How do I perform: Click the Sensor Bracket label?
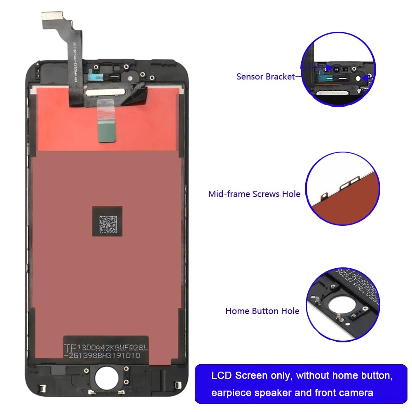pyautogui.click(x=266, y=77)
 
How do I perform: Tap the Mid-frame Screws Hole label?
pyautogui.click(x=254, y=194)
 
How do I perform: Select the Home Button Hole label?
pyautogui.click(x=262, y=311)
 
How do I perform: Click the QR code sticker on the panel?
pyautogui.click(x=107, y=221)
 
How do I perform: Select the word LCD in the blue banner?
pyautogui.click(x=222, y=375)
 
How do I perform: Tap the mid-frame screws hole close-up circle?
pyautogui.click(x=342, y=189)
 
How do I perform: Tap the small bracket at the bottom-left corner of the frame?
pyautogui.click(x=41, y=388)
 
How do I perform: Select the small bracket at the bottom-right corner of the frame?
pyautogui.click(x=178, y=386)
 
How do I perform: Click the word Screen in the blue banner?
pyautogui.click(x=251, y=375)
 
